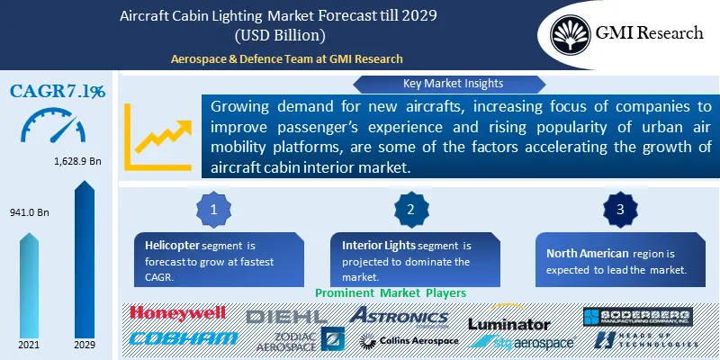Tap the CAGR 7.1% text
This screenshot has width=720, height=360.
click(57, 91)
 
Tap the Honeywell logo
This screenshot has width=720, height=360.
click(177, 313)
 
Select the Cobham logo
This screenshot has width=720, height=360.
click(184, 337)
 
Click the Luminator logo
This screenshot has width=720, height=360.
click(508, 323)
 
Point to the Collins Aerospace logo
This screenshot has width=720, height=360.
click(409, 340)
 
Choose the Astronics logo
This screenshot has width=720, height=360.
click(398, 316)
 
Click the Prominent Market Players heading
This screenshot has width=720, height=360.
click(390, 292)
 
